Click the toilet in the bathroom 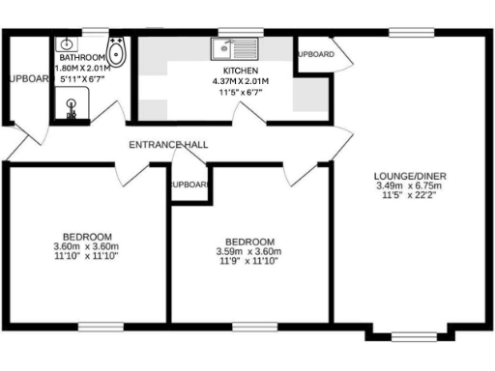click(116, 51)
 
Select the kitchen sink click(230, 46)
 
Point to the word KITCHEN click(240, 71)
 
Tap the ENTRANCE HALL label click(169, 145)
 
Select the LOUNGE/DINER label click(410, 176)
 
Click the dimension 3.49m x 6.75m click(410, 185)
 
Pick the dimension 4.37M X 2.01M click(240, 81)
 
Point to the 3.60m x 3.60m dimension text click(87, 247)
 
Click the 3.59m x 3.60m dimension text click(249, 252)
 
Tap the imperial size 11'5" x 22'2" click(410, 195)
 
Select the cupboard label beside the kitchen click(315, 54)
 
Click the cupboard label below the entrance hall click(190, 185)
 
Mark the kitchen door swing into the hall click(253, 114)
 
